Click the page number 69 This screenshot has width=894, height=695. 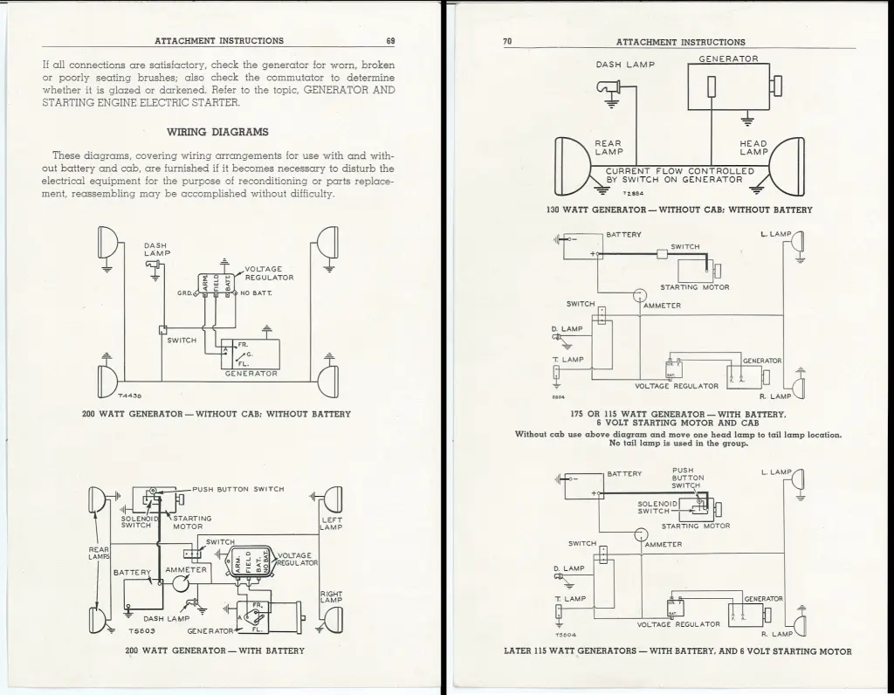tap(390, 41)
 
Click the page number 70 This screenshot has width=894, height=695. tap(508, 42)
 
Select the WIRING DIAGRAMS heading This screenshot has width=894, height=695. tap(217, 133)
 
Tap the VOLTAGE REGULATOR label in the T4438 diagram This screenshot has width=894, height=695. tap(269, 273)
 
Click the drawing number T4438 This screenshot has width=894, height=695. tap(131, 396)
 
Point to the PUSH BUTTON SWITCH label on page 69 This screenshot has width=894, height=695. tap(238, 489)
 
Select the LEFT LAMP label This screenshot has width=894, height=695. tap(331, 524)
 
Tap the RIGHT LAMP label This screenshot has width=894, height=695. tap(331, 596)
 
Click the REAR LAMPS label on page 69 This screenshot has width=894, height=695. tap(99, 554)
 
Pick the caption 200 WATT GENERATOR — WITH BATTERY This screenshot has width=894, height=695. tap(215, 650)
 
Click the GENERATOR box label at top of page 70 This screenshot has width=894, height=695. tap(728, 59)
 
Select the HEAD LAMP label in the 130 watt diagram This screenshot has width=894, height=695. tap(753, 148)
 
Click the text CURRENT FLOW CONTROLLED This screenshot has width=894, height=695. tap(680, 171)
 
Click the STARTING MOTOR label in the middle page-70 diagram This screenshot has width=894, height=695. tap(695, 287)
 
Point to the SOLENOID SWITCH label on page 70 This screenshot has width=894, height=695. tap(657, 507)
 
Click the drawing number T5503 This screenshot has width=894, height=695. tap(141, 631)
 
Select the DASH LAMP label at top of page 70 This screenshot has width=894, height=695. tap(625, 65)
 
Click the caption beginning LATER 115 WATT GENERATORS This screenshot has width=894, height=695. tap(677, 650)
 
